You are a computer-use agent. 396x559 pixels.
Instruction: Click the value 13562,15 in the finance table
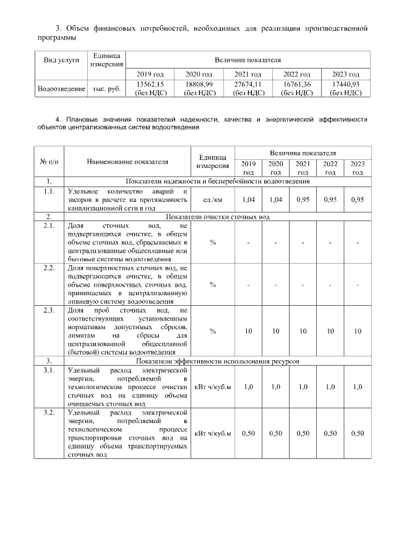pos(150,84)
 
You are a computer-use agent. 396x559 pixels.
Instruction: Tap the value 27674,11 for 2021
pos(247,84)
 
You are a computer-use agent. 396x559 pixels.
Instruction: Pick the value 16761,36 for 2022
pos(296,84)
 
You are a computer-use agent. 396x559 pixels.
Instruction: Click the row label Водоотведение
pos(61,89)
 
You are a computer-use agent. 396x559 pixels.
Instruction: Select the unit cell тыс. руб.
pos(106,89)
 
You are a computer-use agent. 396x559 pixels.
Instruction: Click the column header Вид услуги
pos(61,61)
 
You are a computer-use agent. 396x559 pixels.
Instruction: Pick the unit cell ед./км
pos(212,200)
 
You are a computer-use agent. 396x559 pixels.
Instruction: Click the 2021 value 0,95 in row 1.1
pos(303,200)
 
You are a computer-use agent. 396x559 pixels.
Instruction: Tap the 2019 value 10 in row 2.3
pos(248,331)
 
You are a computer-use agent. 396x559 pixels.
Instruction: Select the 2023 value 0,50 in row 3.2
pos(357,433)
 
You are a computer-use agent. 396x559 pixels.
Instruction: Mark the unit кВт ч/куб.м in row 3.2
pos(212,433)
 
